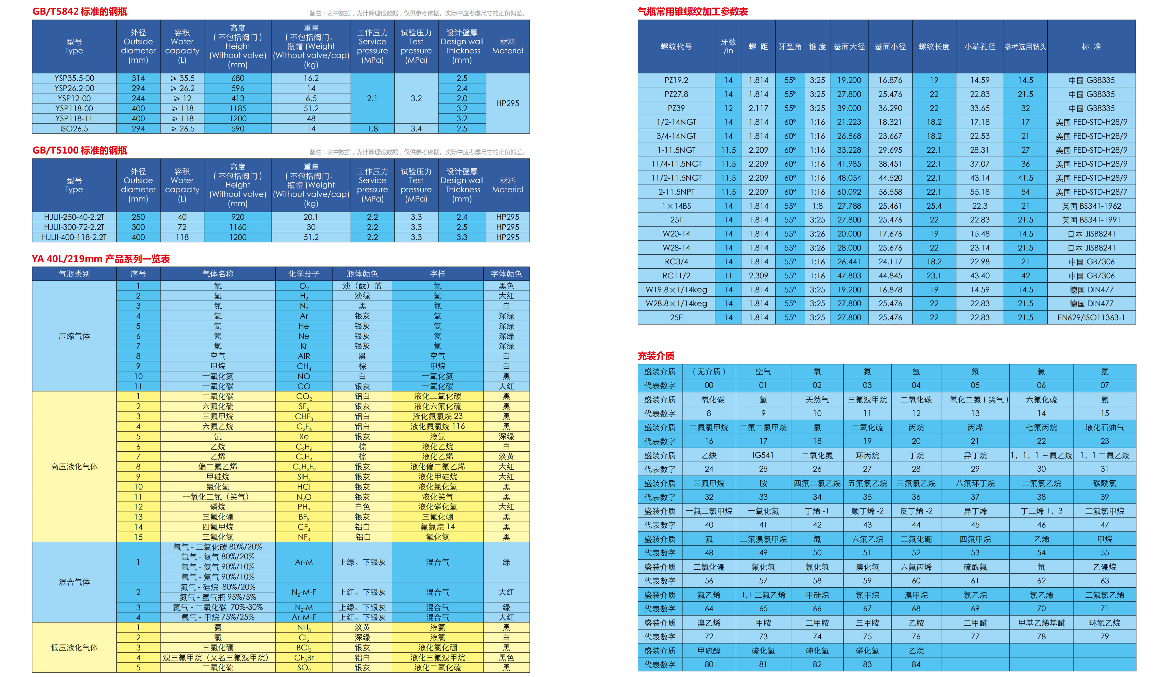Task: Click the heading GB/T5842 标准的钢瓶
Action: click(79, 12)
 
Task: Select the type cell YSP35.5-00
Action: click(74, 78)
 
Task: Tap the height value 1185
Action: click(238, 108)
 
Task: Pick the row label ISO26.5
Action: click(74, 129)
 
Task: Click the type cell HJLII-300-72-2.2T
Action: click(74, 227)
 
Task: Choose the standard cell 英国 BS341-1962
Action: click(1091, 206)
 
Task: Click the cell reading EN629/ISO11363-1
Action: click(1091, 317)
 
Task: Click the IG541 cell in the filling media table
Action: click(763, 455)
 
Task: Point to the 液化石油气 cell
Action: click(1105, 427)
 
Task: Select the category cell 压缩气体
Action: click(74, 336)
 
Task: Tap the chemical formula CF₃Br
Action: click(304, 658)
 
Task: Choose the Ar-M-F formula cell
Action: click(304, 617)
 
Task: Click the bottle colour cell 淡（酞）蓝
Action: click(362, 286)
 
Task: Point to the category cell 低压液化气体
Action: click(74, 647)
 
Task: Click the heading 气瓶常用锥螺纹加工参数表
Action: click(693, 12)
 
